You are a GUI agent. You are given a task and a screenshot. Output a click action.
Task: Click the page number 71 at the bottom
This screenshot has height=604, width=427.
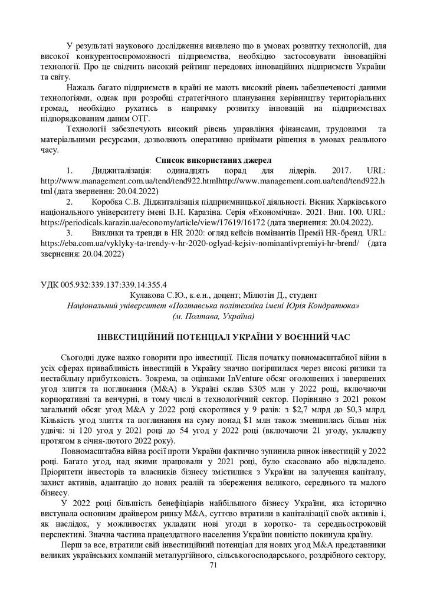(213, 564)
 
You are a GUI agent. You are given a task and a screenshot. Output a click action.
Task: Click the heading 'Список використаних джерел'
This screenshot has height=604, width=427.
(213, 160)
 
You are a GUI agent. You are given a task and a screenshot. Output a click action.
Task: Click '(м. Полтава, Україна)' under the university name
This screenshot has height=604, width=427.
(213, 316)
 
